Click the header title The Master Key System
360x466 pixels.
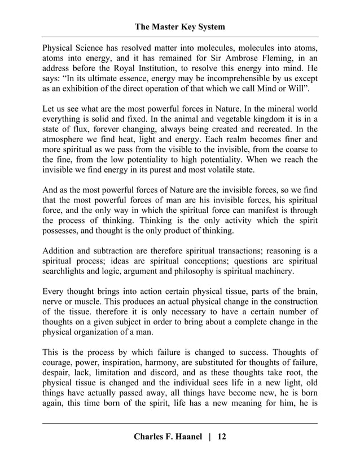point(180,27)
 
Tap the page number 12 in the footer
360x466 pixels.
point(221,437)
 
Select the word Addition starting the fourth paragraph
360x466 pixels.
point(60,250)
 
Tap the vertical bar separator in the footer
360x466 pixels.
point(208,437)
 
